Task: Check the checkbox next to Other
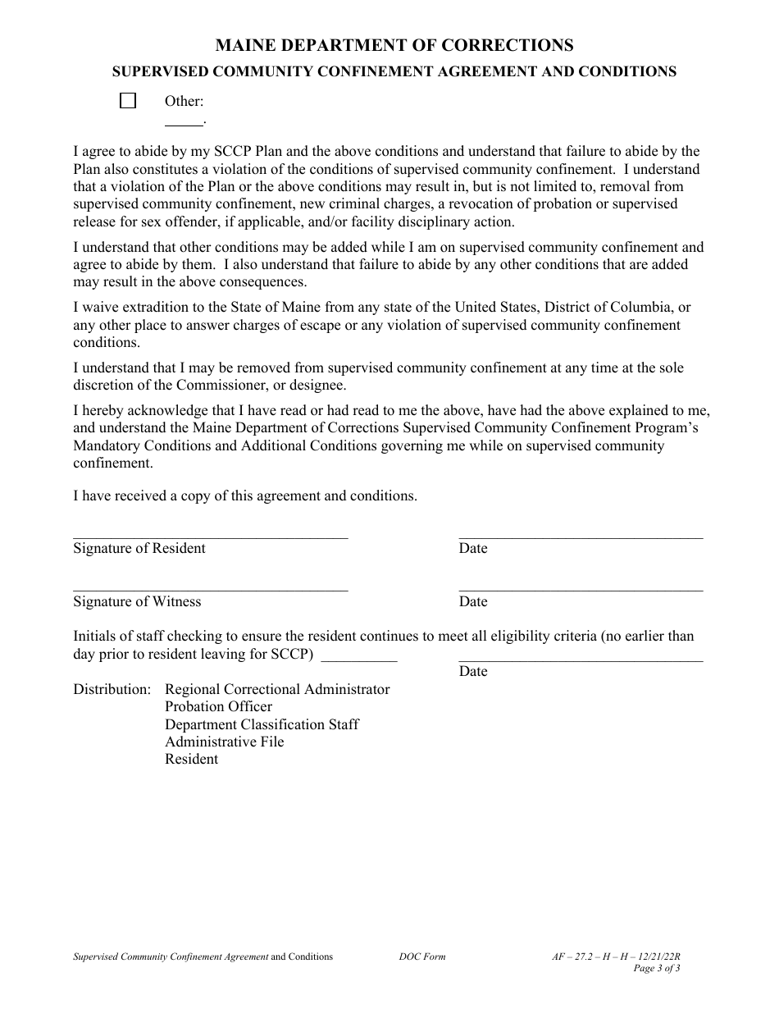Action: [128, 101]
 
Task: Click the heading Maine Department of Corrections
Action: [394, 45]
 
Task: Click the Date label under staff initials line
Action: [473, 672]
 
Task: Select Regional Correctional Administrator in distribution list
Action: [277, 689]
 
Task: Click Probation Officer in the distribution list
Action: [218, 706]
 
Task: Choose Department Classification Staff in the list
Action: [262, 724]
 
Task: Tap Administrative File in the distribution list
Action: [224, 742]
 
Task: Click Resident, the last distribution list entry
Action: [191, 759]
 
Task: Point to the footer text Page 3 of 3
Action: [657, 968]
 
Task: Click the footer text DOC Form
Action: [422, 956]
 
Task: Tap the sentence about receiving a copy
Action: [245, 496]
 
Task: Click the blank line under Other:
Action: [184, 122]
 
